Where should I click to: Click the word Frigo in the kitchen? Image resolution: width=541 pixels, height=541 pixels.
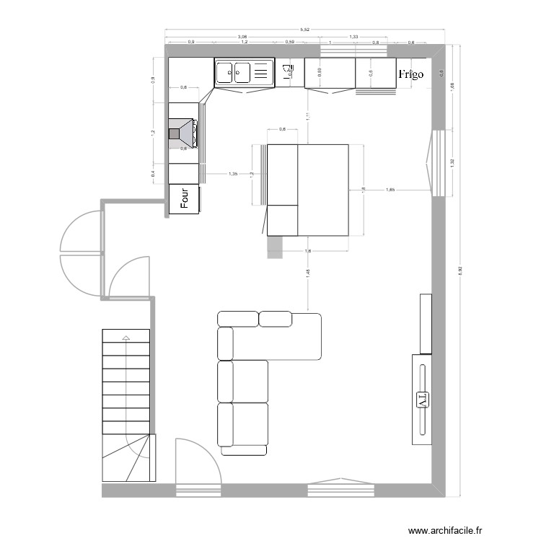(410, 74)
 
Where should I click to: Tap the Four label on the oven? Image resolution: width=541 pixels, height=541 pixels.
(185, 199)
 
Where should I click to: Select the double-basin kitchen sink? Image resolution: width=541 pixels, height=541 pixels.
(243, 72)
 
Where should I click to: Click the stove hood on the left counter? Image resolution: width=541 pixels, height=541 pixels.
(183, 133)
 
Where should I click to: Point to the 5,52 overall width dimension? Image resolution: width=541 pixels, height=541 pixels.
(307, 30)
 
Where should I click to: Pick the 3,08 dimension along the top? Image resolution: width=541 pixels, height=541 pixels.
(242, 37)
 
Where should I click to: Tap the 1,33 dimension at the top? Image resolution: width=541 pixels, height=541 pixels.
(353, 37)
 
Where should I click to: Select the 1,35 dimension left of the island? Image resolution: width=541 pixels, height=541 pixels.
(234, 174)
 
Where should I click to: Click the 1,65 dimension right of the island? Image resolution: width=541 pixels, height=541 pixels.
(390, 190)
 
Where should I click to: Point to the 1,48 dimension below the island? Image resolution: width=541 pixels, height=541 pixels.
(308, 272)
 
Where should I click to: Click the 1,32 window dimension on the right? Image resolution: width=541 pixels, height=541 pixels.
(452, 162)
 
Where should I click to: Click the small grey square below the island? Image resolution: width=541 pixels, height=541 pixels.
(275, 247)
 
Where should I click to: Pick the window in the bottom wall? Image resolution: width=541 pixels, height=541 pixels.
(342, 488)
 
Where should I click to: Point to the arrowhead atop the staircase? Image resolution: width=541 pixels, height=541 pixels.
(126, 337)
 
